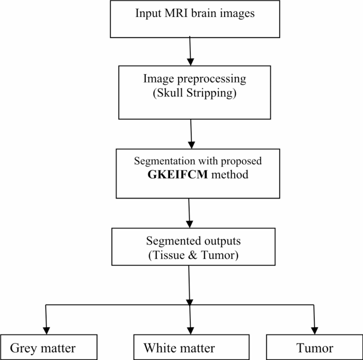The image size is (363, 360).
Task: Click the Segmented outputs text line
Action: point(193,241)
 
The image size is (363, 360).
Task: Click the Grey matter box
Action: point(49,347)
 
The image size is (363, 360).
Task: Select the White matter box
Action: point(190,347)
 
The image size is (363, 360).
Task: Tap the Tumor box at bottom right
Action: point(314,347)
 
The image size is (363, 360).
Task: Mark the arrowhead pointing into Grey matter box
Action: point(47,330)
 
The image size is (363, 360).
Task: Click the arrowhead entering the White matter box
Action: point(190,330)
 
